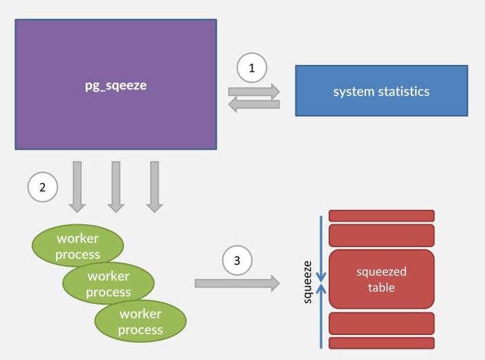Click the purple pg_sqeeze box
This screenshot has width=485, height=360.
(116, 84)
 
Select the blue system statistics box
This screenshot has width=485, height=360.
(381, 91)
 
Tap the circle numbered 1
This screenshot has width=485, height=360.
(252, 68)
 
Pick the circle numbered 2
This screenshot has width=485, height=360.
(43, 187)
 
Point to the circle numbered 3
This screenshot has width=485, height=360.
(237, 261)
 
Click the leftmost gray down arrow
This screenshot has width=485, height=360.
(77, 186)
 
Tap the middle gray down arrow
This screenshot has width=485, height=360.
(116, 186)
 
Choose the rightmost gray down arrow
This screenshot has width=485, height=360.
(154, 186)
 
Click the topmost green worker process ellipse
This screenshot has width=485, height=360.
(77, 246)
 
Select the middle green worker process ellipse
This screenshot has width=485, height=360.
(109, 283)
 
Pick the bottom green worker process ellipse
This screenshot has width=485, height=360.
(140, 321)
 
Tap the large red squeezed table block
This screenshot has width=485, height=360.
(381, 279)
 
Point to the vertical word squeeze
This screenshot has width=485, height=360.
(309, 282)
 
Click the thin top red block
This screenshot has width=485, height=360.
(381, 216)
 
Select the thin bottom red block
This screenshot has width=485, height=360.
(381, 343)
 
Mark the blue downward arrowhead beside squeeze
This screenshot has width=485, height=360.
(320, 278)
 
